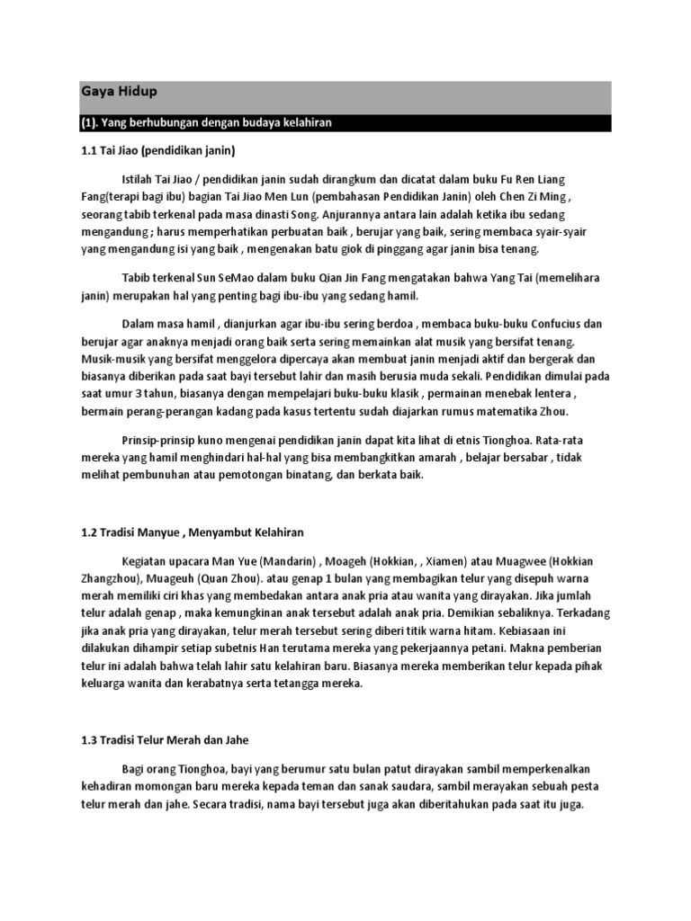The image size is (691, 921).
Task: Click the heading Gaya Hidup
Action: coord(112,91)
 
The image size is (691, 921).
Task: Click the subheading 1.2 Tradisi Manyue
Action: coord(192,534)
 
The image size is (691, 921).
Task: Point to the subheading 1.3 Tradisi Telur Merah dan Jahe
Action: coord(170,740)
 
